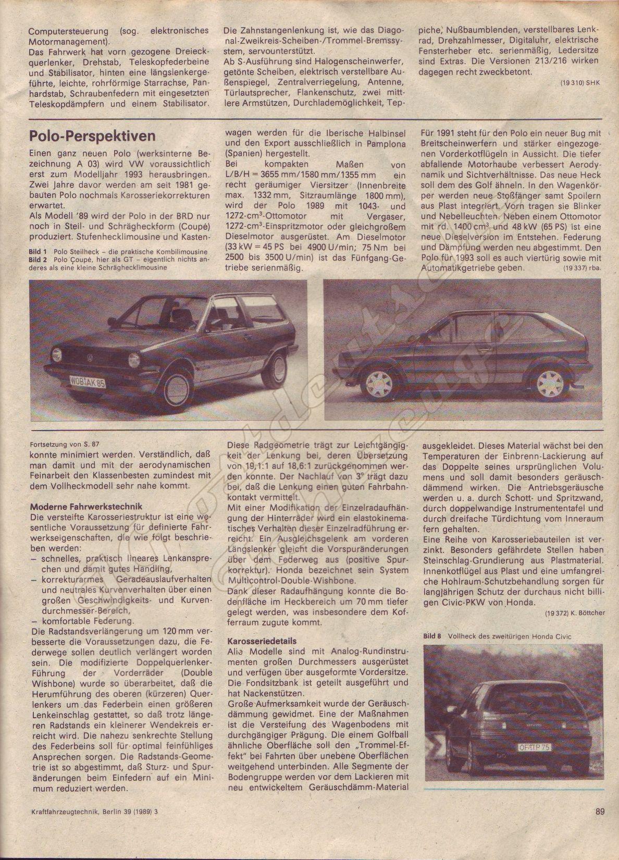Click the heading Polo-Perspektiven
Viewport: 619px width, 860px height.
point(92,136)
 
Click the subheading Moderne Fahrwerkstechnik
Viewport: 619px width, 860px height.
point(86,506)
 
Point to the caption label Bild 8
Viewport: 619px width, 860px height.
point(432,636)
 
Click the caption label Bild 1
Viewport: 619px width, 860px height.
point(38,252)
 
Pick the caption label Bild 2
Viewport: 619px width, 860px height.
point(38,259)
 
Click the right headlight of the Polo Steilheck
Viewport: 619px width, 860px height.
point(134,360)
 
